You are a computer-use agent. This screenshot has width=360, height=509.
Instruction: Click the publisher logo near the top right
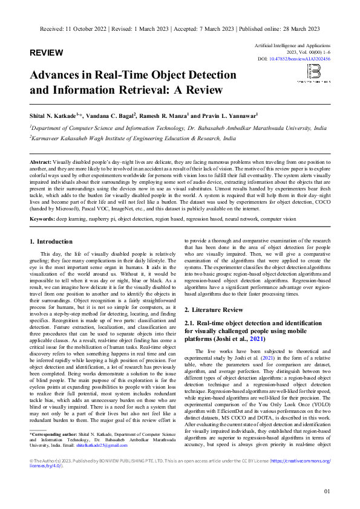313,73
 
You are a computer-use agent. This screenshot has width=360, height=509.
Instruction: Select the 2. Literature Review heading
214,310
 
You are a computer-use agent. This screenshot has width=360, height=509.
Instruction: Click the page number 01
327,491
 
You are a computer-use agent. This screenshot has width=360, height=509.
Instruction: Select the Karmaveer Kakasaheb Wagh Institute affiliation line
133,138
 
